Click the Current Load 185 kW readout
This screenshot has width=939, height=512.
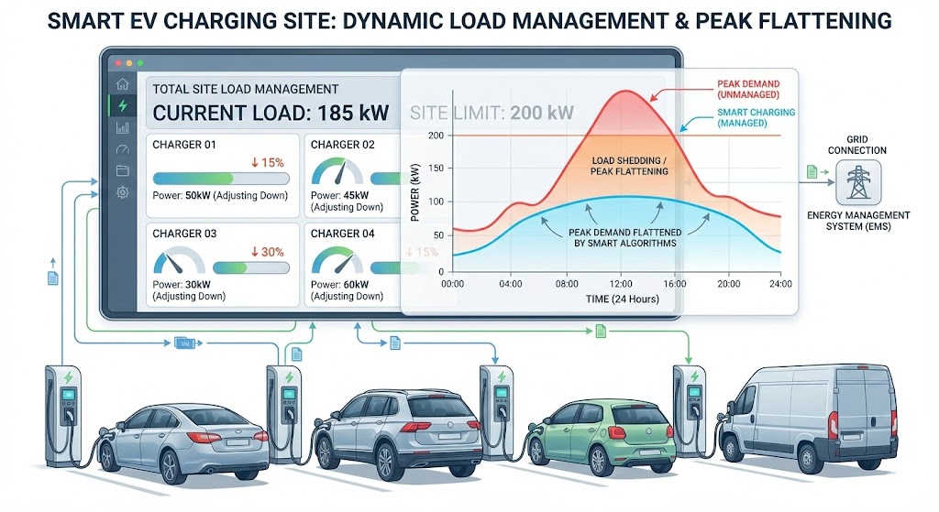(271, 114)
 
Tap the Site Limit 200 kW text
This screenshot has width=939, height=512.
(492, 114)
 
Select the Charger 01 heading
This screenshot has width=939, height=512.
(184, 145)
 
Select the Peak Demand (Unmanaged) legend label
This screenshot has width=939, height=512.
(747, 89)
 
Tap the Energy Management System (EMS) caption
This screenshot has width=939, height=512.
(857, 221)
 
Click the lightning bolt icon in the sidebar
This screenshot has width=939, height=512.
(122, 106)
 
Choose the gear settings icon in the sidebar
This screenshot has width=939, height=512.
(122, 192)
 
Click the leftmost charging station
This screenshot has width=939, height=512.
(64, 409)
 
